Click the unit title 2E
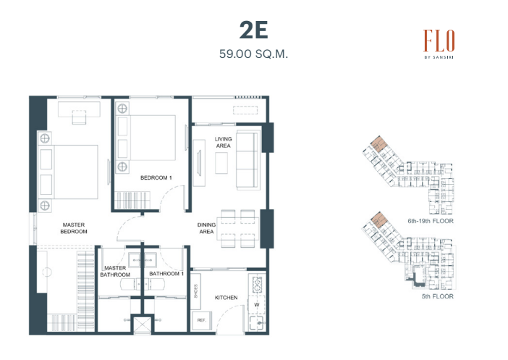[254, 30]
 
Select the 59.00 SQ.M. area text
[253, 54]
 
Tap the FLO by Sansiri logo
[439, 44]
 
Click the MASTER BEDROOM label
[74, 228]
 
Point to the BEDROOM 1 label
[156, 177]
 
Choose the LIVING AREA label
[223, 143]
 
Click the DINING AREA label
[206, 228]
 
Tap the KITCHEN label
[226, 298]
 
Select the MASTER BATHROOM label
[115, 271]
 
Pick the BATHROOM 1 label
[166, 274]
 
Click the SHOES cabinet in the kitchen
[195, 291]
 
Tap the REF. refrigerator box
[201, 320]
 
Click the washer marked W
[257, 305]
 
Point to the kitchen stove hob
[257, 284]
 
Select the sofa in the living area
[248, 160]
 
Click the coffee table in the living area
[221, 163]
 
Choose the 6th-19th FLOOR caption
[431, 221]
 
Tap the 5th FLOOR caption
[437, 296]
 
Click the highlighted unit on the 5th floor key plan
[378, 219]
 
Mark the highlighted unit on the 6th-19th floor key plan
[378, 143]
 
